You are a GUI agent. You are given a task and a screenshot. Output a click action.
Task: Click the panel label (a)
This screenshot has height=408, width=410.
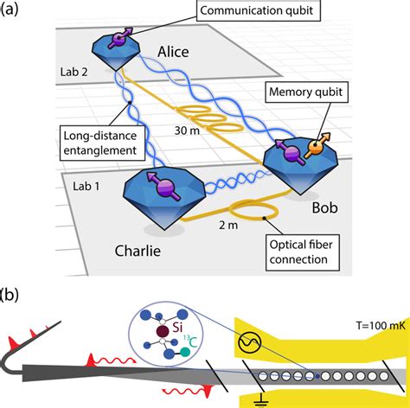click(12, 10)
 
